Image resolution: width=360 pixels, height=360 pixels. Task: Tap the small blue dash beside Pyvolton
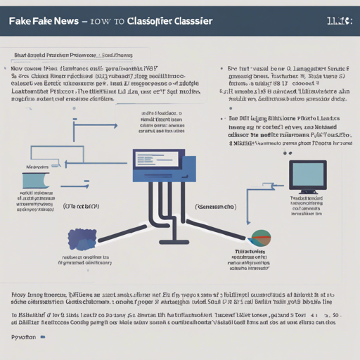point(44,338)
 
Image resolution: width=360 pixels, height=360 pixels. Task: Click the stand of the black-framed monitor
point(307,191)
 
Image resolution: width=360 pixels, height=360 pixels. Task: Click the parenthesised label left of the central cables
point(82,207)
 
